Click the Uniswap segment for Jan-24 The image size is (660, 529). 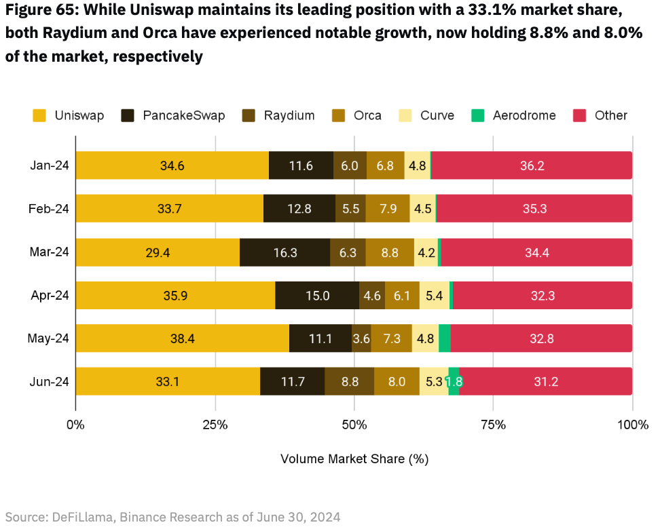[172, 165]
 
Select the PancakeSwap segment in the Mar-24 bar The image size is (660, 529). [285, 252]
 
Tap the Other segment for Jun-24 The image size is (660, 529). [545, 381]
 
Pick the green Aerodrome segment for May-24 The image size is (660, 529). [444, 338]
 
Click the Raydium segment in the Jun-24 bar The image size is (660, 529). [349, 381]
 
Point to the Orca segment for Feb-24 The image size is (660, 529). [388, 209]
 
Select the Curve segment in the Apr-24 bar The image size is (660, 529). [434, 295]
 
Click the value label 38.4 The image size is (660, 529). [182, 338]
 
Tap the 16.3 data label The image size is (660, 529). [285, 252]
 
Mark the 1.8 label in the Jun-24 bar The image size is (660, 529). [454, 382]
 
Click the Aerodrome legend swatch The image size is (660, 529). [477, 116]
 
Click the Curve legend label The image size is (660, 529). [437, 116]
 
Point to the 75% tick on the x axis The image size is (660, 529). [494, 425]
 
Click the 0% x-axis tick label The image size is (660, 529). [75, 425]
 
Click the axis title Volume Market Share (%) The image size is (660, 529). [354, 459]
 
